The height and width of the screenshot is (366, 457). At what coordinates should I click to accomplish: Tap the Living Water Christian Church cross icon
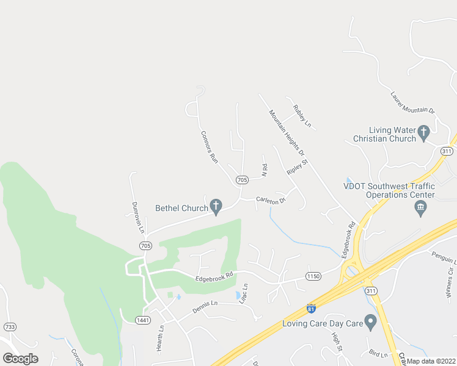point(423,132)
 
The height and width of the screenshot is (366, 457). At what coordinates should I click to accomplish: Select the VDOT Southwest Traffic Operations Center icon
point(420,209)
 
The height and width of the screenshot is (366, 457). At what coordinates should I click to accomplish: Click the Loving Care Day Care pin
point(370,321)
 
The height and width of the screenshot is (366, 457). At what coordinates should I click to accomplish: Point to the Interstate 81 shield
point(312,309)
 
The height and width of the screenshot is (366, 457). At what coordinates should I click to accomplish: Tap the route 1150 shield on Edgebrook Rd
point(313,276)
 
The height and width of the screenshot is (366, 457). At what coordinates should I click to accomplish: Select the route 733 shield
point(9,327)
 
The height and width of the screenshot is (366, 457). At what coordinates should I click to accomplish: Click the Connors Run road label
point(210,146)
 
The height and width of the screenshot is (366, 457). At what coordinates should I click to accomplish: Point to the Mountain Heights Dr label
point(287,132)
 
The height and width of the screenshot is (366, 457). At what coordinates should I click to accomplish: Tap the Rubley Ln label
point(302,116)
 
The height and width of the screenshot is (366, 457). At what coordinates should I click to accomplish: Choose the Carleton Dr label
point(271,199)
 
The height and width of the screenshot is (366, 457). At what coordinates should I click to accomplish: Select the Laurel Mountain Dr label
point(412,102)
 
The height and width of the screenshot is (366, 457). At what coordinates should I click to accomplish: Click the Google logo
point(21,358)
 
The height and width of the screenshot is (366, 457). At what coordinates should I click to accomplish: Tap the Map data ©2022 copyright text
point(431,361)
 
